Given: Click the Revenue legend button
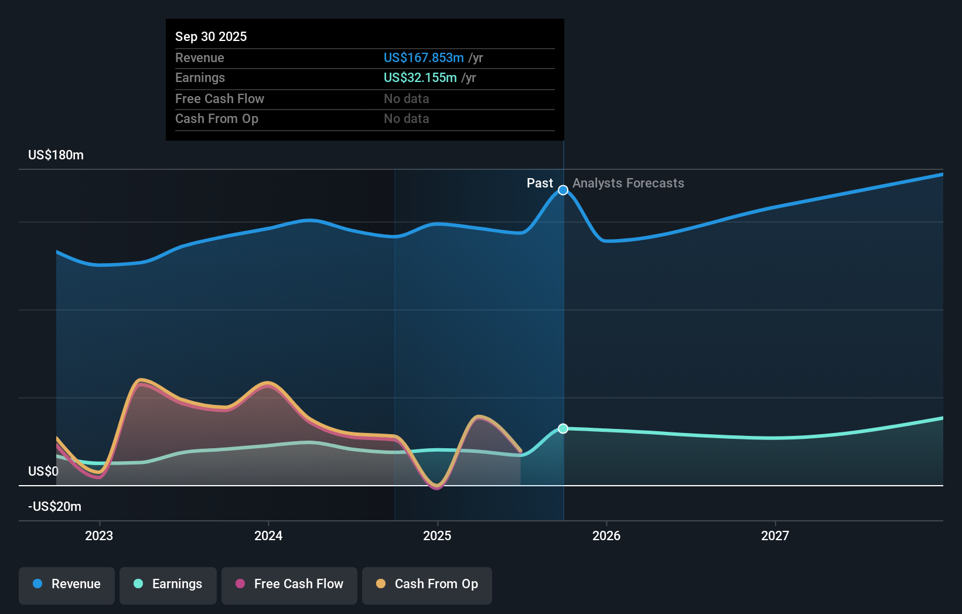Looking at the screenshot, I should pyautogui.click(x=67, y=584).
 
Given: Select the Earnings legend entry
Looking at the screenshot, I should pyautogui.click(x=168, y=584).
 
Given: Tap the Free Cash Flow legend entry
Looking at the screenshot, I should pyautogui.click(x=289, y=584).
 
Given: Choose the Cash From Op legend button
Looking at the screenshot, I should pyautogui.click(x=427, y=584).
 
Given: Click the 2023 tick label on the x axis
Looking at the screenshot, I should pyautogui.click(x=99, y=535).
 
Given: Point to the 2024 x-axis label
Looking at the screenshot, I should pyautogui.click(x=268, y=535).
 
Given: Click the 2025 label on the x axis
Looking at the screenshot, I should pyautogui.click(x=437, y=535).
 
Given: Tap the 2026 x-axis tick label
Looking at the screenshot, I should pyautogui.click(x=606, y=535).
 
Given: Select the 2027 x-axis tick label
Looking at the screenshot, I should pyautogui.click(x=775, y=535).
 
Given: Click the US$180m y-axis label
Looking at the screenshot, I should pyautogui.click(x=56, y=155).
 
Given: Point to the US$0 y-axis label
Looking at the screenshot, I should pyautogui.click(x=43, y=472).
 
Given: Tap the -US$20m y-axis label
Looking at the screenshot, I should pyautogui.click(x=54, y=507).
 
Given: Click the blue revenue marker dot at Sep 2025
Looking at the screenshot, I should pyautogui.click(x=563, y=190).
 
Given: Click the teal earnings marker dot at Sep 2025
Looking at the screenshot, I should pyautogui.click(x=563, y=429).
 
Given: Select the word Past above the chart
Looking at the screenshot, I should pyautogui.click(x=540, y=183).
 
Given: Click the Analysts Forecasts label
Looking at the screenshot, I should pyautogui.click(x=628, y=183).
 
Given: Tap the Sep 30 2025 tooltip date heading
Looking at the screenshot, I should pyautogui.click(x=211, y=36).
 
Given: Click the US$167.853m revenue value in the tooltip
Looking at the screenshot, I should pyautogui.click(x=424, y=58).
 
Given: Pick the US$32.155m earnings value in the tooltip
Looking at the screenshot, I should pyautogui.click(x=420, y=78).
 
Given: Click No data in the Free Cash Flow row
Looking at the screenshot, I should pyautogui.click(x=407, y=99).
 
